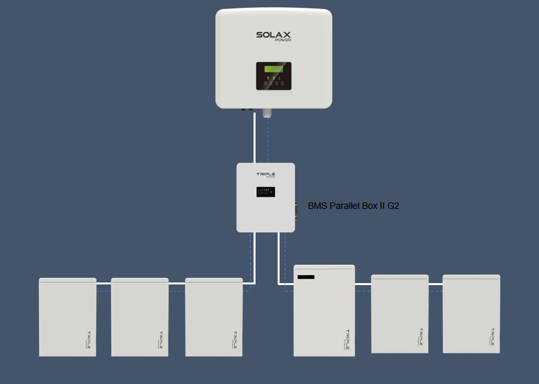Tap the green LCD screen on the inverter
(x=273, y=69)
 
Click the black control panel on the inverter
(x=273, y=76)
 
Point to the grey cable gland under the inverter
(x=266, y=113)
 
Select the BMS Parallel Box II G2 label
(x=353, y=206)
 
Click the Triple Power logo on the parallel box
(x=265, y=176)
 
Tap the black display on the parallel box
(x=265, y=192)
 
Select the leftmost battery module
(x=68, y=317)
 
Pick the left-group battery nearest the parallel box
(x=214, y=317)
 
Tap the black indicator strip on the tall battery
(x=306, y=278)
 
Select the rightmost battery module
(x=472, y=314)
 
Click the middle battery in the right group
(x=400, y=314)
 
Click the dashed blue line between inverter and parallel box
(x=268, y=140)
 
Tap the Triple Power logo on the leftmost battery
(x=88, y=338)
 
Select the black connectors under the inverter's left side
(x=248, y=109)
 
